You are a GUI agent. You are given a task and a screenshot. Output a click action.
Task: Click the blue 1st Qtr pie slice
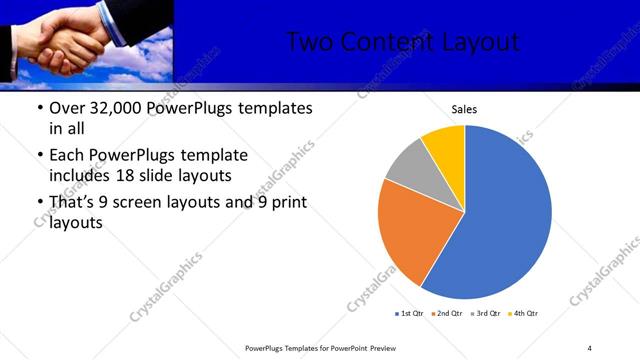pos(510,210)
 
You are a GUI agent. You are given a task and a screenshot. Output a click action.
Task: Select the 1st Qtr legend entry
pos(409,314)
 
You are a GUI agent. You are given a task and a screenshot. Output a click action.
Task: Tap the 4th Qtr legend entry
pos(523,314)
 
